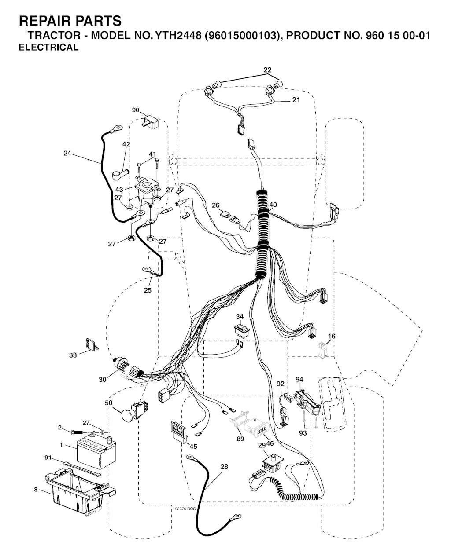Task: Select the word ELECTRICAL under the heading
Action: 49,48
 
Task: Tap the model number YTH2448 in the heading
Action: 178,35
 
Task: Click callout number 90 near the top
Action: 136,110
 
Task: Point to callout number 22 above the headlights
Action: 267,70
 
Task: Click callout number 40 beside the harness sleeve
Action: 273,205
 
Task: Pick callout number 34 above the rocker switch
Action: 240,317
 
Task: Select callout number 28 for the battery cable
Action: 224,467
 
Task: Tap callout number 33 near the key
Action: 73,355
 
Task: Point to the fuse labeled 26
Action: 225,214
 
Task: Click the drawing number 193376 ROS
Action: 184,509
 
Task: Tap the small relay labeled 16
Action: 322,350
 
